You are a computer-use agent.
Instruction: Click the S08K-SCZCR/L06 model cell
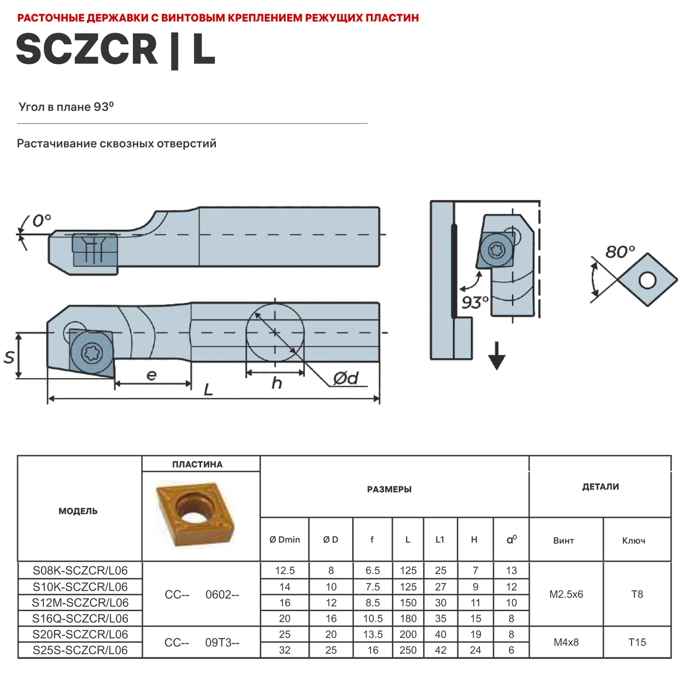coord(80,570)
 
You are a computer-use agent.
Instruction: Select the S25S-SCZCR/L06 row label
coord(80,650)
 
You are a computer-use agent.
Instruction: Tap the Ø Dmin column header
coord(285,540)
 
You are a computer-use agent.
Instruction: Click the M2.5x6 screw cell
coord(566,594)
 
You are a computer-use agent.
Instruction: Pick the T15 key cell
coord(637,642)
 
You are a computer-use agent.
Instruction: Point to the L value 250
coord(408,650)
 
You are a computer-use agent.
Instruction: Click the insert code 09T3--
coord(222,643)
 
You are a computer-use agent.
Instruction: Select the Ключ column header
coord(633,541)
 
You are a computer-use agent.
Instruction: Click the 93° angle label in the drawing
coord(475,302)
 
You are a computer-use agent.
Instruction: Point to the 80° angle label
coord(620,252)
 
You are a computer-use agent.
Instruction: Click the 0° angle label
coord(42,221)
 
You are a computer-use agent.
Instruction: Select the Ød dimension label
coord(346,378)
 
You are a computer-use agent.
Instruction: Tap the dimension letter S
coord(9,358)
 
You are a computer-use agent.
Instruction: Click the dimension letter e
coord(152,375)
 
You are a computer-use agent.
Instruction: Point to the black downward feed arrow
coord(497,357)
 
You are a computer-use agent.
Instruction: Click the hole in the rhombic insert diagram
coord(647,280)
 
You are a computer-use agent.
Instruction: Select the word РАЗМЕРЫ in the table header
coord(389,490)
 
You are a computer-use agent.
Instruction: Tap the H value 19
coord(476,634)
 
